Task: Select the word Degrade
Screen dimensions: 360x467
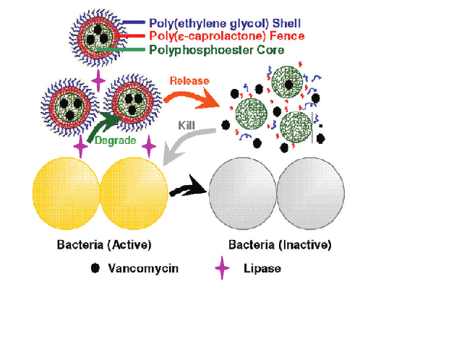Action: [x=116, y=140]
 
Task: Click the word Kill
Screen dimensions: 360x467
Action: [x=187, y=126]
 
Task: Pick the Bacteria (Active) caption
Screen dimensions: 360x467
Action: [x=104, y=245]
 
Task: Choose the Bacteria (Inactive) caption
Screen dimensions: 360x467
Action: [x=280, y=245]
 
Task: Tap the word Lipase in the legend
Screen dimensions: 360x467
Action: [x=262, y=268]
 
